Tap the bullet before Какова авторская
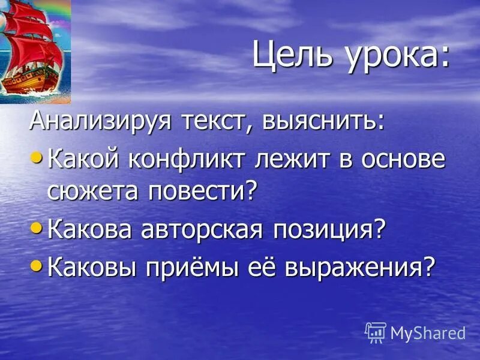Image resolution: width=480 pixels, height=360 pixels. [x=37, y=227]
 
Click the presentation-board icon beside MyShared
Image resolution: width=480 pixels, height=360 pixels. [x=376, y=332]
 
